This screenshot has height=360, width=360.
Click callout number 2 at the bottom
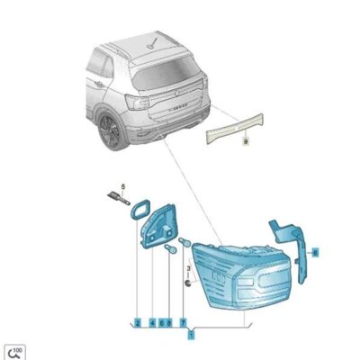tap(138, 321)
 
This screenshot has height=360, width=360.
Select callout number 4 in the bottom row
tap(152, 321)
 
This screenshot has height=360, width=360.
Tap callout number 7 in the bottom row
tap(183, 321)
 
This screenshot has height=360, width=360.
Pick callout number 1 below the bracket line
tap(190, 335)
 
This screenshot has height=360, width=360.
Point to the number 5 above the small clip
tap(125, 186)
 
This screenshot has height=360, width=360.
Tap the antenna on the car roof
tap(162, 40)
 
